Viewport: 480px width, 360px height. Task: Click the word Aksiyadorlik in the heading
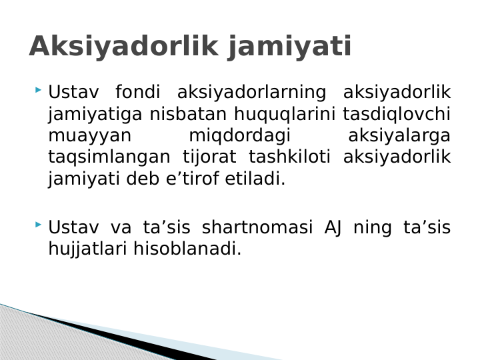124,47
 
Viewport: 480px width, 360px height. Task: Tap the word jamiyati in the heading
289,47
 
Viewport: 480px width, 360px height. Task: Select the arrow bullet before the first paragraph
39,89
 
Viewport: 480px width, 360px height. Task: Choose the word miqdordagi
240,136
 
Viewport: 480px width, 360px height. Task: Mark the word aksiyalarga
399,136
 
